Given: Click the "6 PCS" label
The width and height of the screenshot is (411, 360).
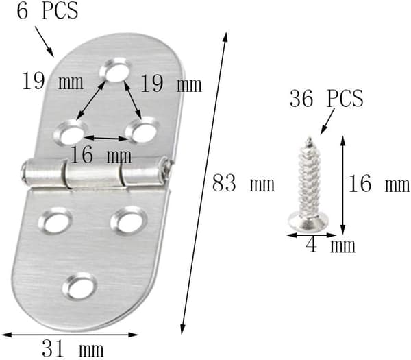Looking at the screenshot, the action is click(47, 11).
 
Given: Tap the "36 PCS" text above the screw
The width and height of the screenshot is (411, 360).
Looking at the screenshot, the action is click(327, 98).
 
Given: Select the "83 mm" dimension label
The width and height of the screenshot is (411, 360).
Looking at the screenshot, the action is click(243, 183).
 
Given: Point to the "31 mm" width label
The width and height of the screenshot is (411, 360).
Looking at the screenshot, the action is click(73, 348).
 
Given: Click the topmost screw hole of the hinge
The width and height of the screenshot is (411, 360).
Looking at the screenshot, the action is click(115, 69).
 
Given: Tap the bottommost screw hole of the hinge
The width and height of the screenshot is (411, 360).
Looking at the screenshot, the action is click(80, 287).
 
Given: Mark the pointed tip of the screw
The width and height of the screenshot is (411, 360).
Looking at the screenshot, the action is click(310, 139).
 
